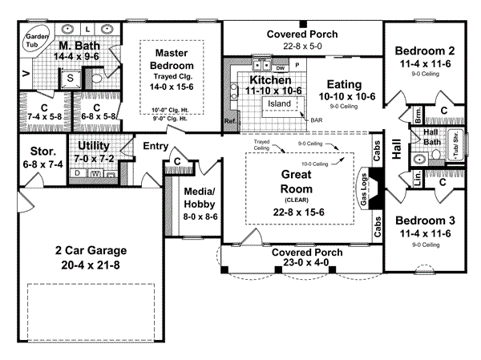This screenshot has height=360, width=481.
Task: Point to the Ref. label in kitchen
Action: coord(230,122)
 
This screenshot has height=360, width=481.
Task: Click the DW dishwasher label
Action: coord(281,68)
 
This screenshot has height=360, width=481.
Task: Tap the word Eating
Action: coord(347,83)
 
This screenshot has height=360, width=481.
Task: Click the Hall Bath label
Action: coord(430,137)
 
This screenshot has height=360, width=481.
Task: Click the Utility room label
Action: coord(95,146)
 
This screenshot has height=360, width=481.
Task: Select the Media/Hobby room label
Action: coord(199,197)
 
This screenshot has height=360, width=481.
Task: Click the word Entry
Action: coord(155,146)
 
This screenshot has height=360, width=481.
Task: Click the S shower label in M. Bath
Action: coord(70,78)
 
